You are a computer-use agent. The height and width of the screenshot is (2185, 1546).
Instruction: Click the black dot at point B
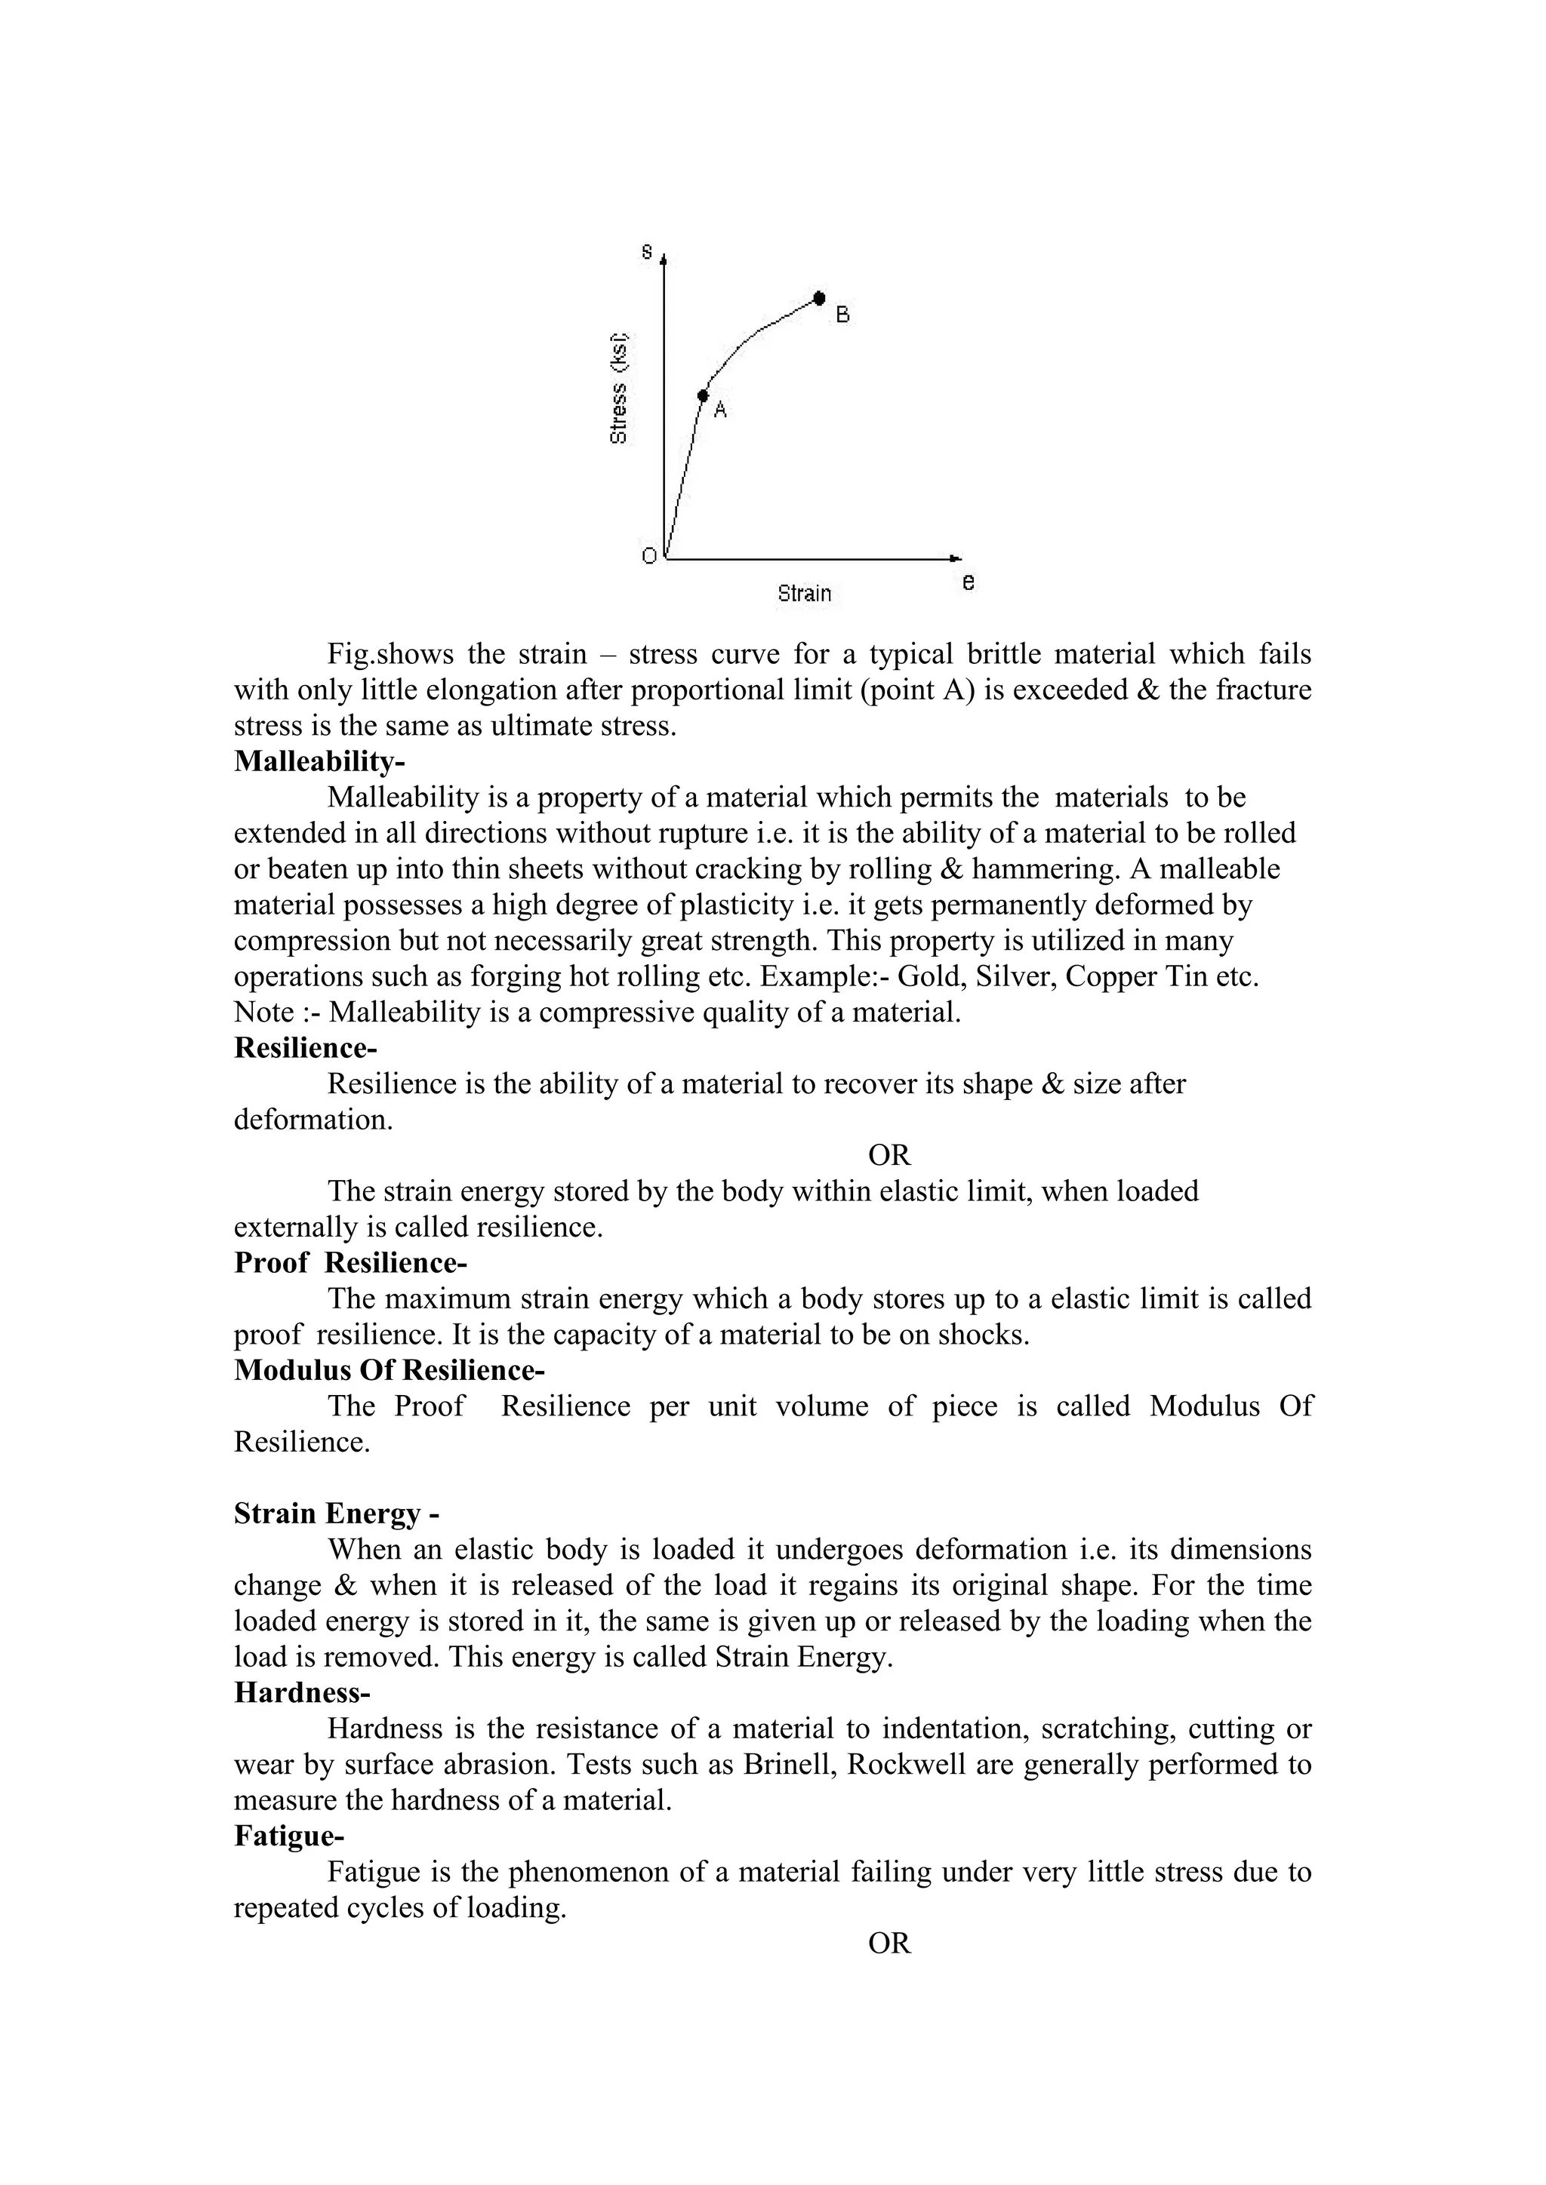819,299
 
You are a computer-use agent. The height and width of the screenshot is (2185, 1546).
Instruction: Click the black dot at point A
704,395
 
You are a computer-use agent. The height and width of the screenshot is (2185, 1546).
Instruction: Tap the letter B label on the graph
842,314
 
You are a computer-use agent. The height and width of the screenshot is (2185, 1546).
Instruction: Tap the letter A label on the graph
721,410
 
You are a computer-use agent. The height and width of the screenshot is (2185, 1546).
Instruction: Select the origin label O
649,557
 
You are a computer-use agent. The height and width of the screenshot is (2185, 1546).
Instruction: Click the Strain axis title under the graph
805,594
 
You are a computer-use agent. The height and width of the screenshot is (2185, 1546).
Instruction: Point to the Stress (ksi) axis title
619,389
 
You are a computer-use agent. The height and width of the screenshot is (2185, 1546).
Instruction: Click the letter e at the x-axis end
969,582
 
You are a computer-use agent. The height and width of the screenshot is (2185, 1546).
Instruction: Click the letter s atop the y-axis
648,252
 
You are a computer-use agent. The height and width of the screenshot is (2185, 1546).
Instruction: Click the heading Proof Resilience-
350,1263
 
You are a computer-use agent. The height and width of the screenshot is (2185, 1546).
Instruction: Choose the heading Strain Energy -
336,1514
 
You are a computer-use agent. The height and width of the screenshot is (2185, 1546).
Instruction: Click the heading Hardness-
302,1693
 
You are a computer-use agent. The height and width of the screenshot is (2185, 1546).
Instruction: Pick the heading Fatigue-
289,1836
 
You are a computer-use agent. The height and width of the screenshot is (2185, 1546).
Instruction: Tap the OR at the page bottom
889,1944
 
